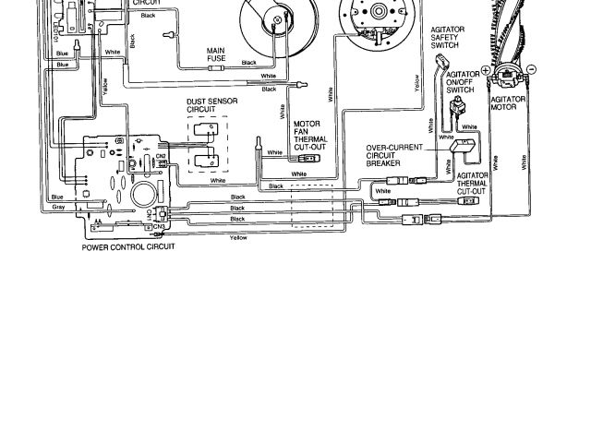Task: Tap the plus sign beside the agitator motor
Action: tap(486, 70)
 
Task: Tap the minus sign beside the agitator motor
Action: tap(531, 70)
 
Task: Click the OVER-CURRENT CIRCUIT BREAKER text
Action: tap(394, 155)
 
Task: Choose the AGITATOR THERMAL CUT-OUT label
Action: tap(472, 183)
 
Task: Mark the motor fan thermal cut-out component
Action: tap(309, 158)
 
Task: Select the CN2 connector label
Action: tap(160, 156)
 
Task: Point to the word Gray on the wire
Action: tap(58, 208)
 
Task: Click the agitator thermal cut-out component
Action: tap(470, 200)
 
